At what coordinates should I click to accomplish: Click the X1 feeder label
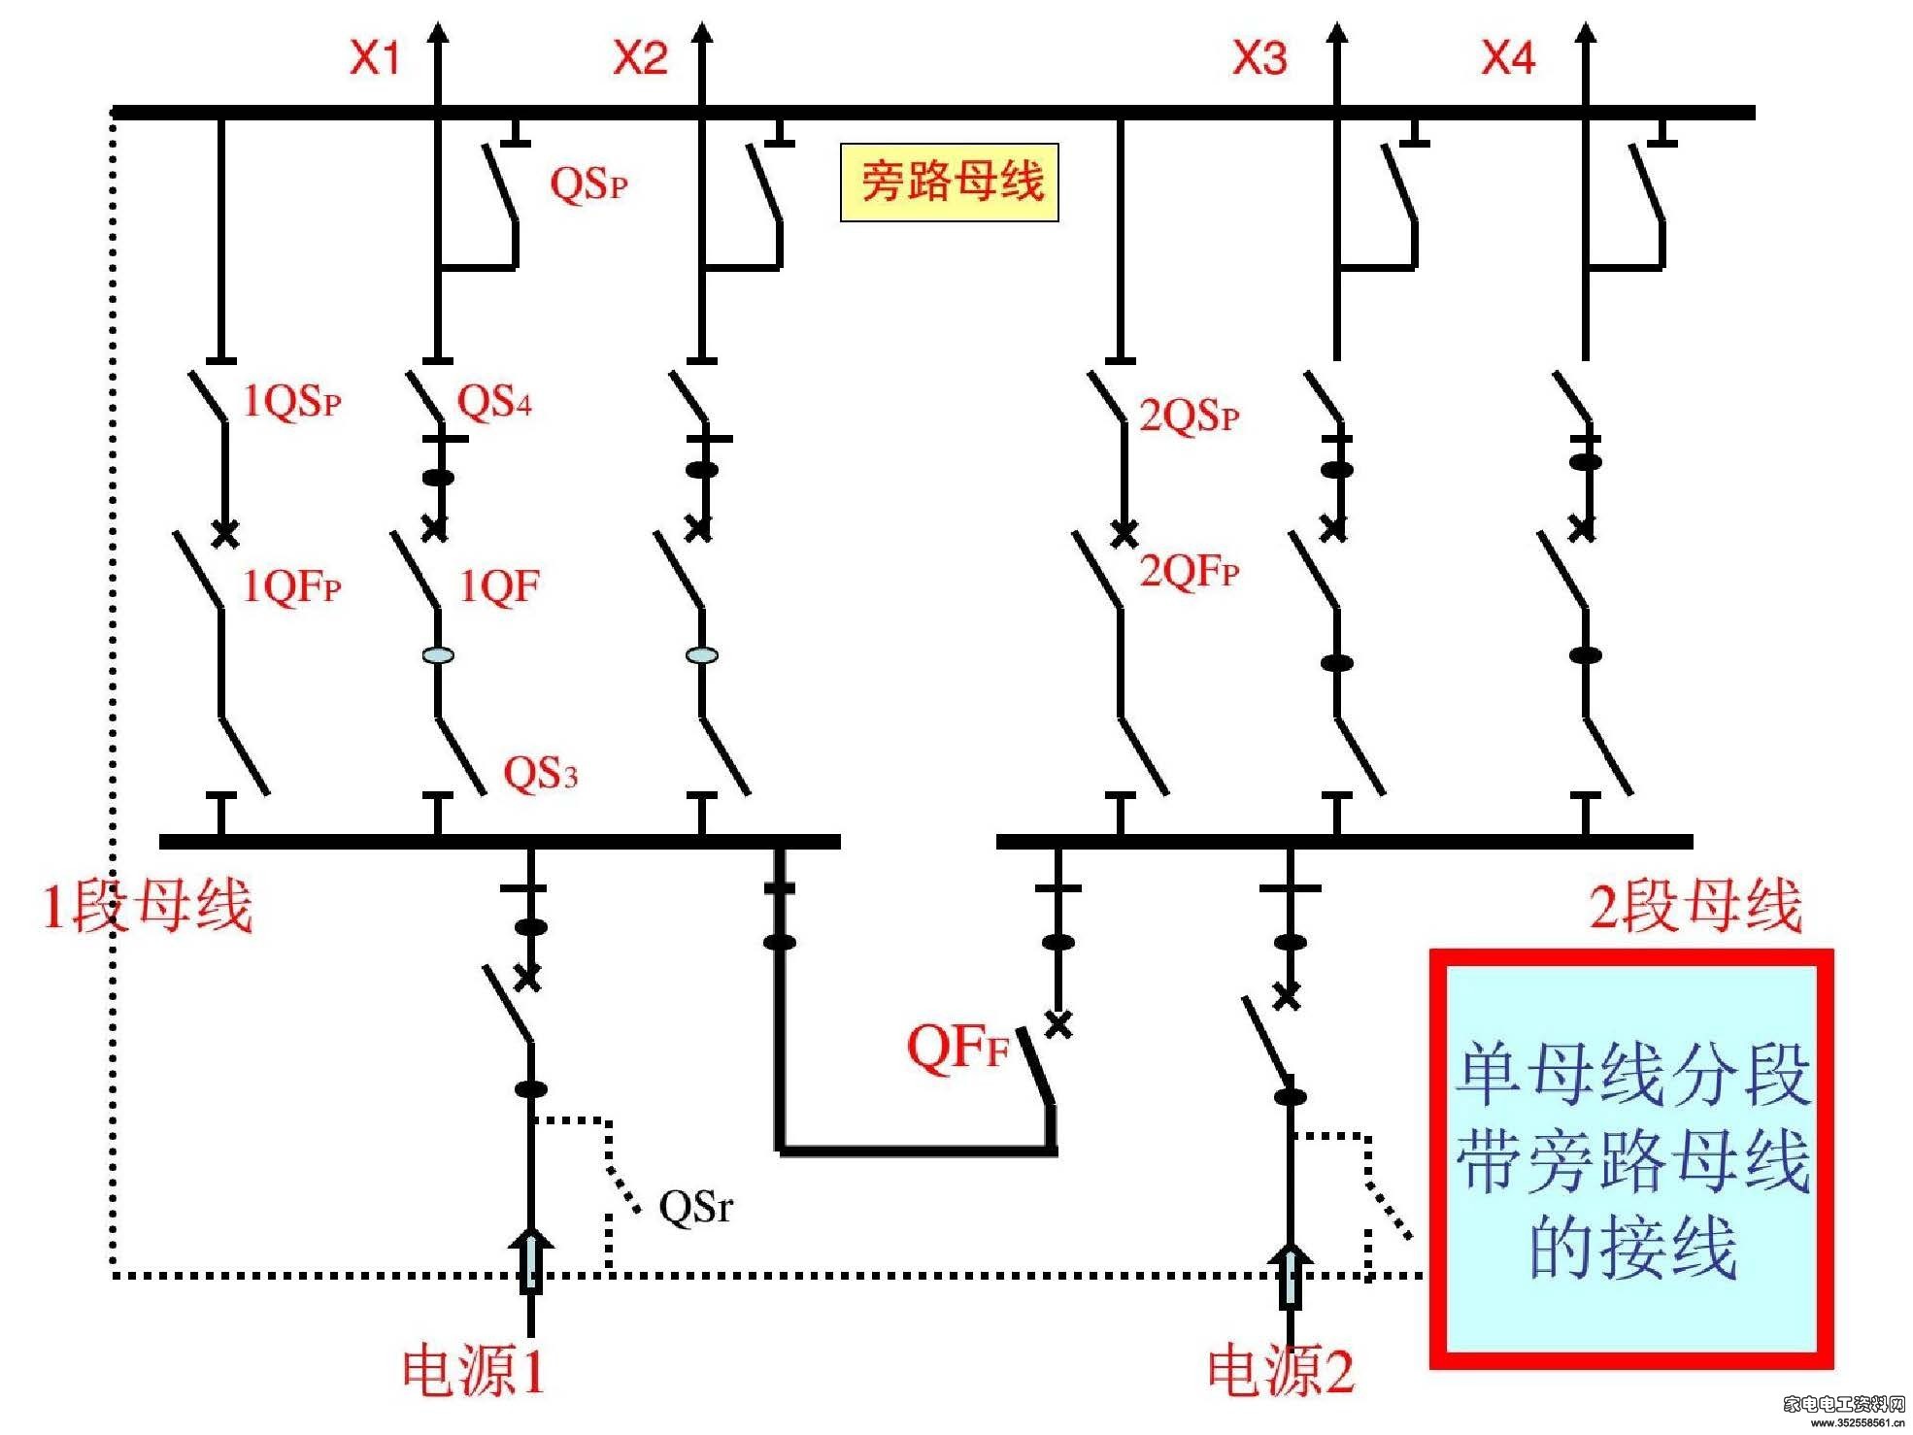[375, 58]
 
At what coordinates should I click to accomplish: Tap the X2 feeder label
[641, 58]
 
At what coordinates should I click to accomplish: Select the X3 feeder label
[1260, 58]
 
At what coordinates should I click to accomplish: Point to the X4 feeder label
[1508, 58]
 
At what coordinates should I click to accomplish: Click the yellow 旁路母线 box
[950, 183]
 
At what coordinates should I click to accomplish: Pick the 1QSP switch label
[291, 401]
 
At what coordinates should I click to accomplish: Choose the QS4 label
[494, 401]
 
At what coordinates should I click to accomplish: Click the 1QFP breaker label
[291, 586]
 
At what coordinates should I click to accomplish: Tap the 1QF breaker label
[499, 586]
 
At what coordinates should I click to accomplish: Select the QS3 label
[540, 774]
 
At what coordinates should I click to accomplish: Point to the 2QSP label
[1190, 416]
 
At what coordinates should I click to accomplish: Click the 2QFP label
[1190, 571]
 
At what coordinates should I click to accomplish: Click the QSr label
[696, 1207]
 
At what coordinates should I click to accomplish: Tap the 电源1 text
[474, 1370]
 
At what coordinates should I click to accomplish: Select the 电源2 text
[1281, 1370]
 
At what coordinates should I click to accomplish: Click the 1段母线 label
[147, 906]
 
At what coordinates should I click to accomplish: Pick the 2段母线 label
[1695, 906]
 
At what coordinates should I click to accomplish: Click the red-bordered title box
[1631, 1159]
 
